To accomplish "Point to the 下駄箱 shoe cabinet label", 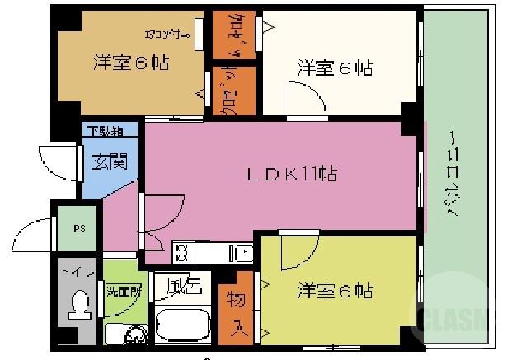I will click(106, 131).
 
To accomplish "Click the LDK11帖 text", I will click(293, 174).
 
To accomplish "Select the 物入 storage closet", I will click(236, 311).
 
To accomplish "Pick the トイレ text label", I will click(78, 270).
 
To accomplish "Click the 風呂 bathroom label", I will click(184, 285).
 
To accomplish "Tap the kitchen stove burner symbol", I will click(182, 250).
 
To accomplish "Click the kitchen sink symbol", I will click(245, 251).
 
